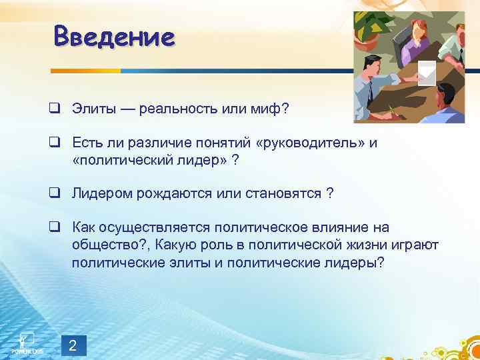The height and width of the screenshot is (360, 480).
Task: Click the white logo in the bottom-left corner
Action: point(26,341)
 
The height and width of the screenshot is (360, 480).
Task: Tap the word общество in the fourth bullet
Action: point(101,245)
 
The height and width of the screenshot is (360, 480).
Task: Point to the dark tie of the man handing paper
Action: point(369,93)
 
